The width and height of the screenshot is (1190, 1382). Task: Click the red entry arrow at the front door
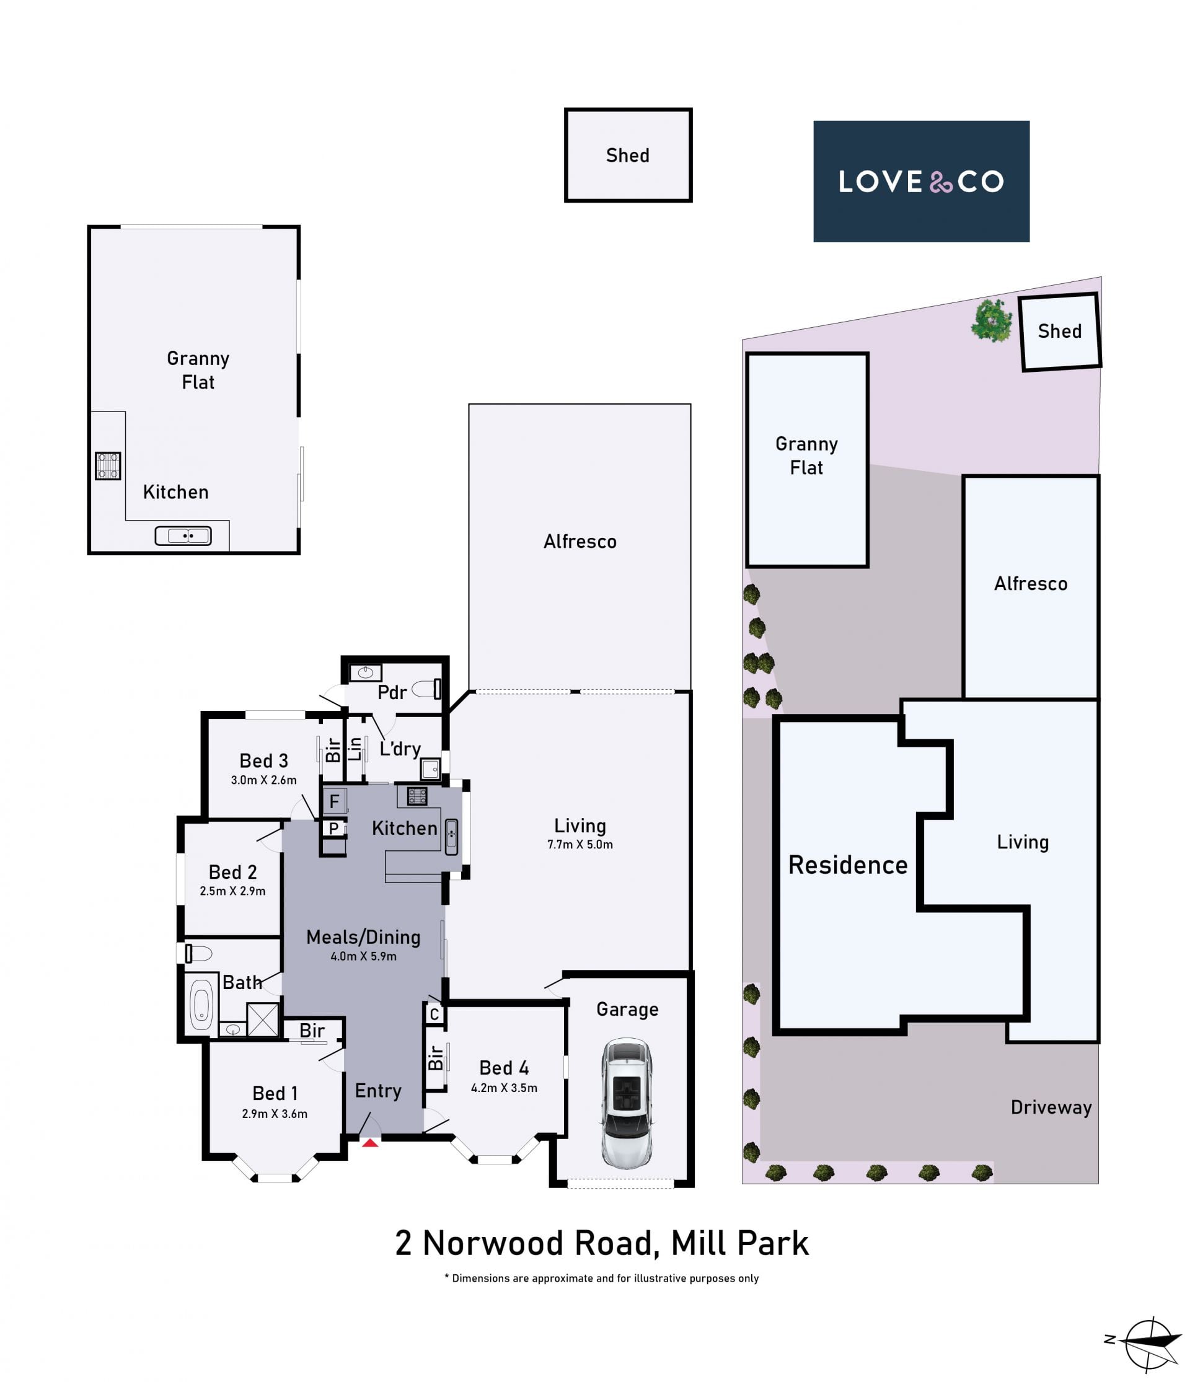pos(370,1143)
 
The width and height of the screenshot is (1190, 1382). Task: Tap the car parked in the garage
pos(627,1103)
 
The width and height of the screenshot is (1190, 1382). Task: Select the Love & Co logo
pos(920,181)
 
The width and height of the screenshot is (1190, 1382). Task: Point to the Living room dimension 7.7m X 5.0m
pos(580,845)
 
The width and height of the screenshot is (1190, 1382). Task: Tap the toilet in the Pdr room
pos(427,689)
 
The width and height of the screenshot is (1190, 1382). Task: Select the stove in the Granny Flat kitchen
pos(108,465)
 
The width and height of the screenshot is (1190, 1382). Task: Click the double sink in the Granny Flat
pos(183,535)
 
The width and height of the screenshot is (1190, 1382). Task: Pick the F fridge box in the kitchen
pos(334,801)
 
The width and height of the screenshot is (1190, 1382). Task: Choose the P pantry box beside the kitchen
pos(334,829)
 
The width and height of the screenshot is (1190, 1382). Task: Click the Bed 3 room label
pos(263,761)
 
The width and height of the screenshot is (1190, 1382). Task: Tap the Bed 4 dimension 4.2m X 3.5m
pos(504,1088)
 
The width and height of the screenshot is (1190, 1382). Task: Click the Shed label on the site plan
pos(1059,331)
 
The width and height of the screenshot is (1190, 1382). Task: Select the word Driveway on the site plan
pos(1051,1108)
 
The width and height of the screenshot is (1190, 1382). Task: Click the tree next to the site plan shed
pos(991,320)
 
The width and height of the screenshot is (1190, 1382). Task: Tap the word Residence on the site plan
pos(848,865)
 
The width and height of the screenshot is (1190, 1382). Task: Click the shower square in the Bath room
pos(262,1019)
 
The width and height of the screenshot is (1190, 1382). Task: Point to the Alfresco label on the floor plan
pos(580,542)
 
